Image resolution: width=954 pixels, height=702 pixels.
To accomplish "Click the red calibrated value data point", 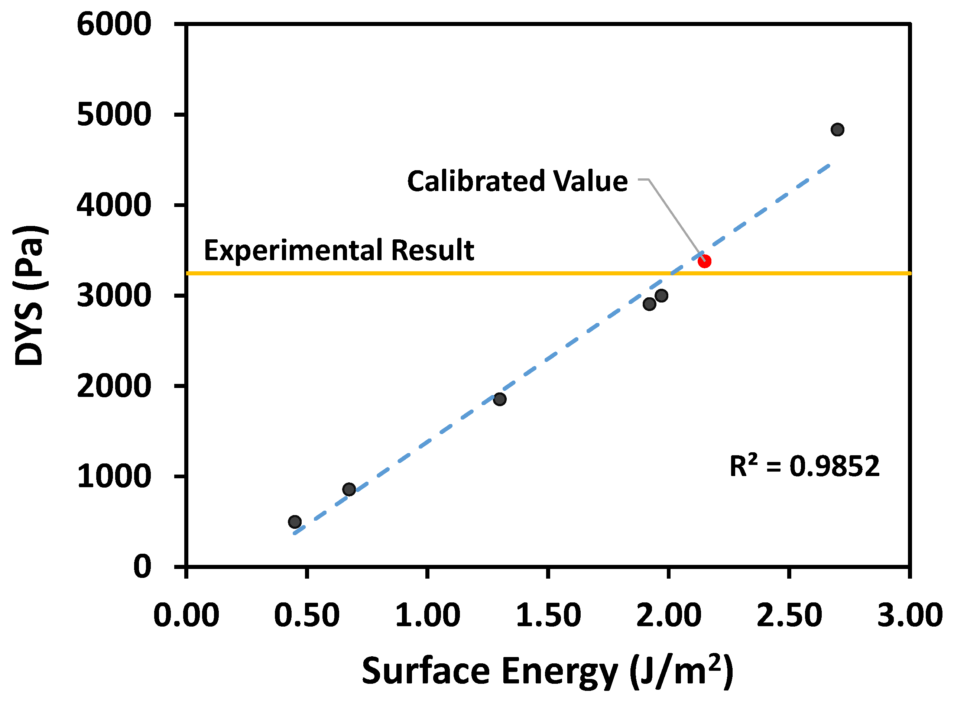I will tap(704, 261).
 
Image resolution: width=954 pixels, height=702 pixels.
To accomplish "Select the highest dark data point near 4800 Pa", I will tap(837, 130).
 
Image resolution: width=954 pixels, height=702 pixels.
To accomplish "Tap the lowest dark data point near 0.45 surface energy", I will tap(295, 522).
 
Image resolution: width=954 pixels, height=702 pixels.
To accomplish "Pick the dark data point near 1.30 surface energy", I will tap(500, 399).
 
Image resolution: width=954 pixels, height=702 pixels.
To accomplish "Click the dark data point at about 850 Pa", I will tap(349, 489).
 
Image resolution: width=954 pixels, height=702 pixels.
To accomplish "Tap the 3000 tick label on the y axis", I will tap(114, 295).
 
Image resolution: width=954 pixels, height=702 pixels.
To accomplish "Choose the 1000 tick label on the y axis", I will tap(114, 476).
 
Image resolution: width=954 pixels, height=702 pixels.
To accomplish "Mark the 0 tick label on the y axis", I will tap(142, 566).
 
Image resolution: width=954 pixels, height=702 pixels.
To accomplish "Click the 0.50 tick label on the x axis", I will tap(307, 615).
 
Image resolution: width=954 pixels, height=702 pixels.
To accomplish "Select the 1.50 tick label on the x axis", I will tap(548, 615).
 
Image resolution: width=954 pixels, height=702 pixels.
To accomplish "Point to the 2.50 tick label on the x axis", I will tap(789, 615).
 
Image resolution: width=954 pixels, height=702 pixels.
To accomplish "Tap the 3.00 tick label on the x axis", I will tap(910, 615).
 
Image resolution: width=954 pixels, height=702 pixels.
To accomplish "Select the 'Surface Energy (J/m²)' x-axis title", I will tap(547, 672).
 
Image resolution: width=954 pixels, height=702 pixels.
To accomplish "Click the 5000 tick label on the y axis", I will tap(114, 114).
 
